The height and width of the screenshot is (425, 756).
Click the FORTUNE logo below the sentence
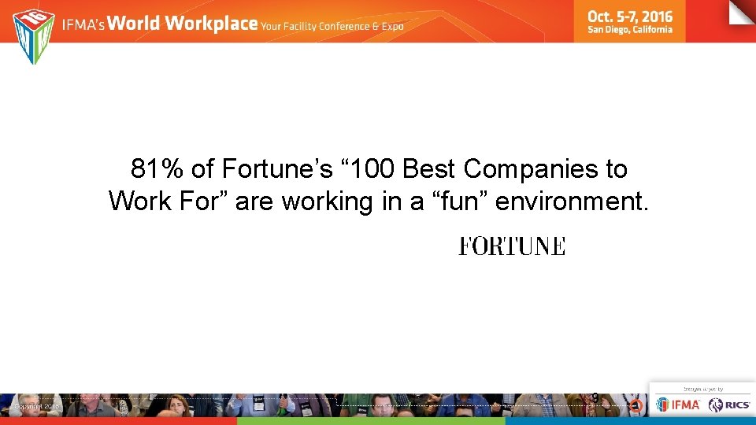click(x=512, y=246)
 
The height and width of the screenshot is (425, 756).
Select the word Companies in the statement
click(x=532, y=168)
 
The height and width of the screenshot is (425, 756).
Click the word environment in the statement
click(x=572, y=201)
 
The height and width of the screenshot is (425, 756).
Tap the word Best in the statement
click(x=430, y=168)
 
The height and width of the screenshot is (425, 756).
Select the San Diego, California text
click(x=630, y=30)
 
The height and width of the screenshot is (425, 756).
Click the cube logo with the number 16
click(x=34, y=36)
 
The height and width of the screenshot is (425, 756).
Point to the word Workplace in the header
click(x=212, y=24)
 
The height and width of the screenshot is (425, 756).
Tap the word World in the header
click(x=134, y=24)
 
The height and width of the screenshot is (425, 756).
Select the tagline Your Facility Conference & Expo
click(x=333, y=26)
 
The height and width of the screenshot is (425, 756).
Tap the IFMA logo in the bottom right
click(x=678, y=405)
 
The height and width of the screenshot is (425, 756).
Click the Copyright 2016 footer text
click(x=36, y=406)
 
